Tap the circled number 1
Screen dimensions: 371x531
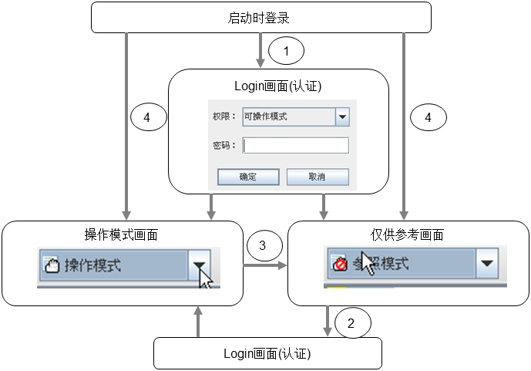[287, 52]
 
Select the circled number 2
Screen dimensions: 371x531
[351, 324]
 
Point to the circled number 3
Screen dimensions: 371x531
[263, 246]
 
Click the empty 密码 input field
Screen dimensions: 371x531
[295, 146]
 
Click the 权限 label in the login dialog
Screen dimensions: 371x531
[223, 117]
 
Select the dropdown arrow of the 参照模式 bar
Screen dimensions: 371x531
[486, 263]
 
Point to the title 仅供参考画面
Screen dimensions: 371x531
[406, 234]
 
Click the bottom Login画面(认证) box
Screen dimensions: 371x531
[267, 354]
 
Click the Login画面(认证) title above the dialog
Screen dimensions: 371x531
[277, 86]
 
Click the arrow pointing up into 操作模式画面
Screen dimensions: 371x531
[199, 320]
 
